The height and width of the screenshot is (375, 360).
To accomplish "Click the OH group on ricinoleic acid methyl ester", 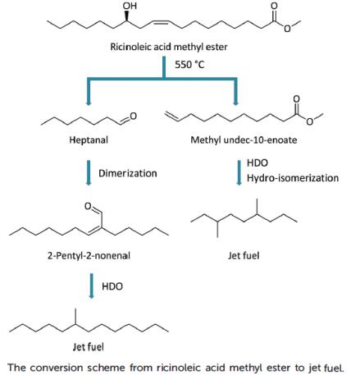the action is (x=130, y=6).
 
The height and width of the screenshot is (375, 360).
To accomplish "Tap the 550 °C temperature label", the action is (x=189, y=65).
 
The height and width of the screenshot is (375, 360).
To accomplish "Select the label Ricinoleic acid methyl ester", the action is (x=169, y=47).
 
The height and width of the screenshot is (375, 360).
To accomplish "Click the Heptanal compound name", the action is (x=89, y=140).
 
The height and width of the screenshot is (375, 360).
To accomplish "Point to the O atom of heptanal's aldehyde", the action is (x=134, y=117).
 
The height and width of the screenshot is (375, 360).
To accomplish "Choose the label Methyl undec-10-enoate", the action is (x=244, y=140).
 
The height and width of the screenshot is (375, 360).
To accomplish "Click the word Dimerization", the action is (x=128, y=173).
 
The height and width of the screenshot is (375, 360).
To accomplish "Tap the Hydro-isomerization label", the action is (x=293, y=178).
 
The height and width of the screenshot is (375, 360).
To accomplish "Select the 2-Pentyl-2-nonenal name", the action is (x=89, y=256).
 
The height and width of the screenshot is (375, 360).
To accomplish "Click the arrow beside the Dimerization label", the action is (x=89, y=173).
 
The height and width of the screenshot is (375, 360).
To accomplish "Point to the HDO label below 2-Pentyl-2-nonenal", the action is (x=112, y=286).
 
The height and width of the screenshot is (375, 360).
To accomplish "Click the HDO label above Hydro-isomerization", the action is (x=257, y=162).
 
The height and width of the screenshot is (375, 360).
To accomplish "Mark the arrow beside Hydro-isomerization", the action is (x=239, y=173).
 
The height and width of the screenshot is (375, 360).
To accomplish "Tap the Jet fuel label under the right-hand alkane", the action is (x=244, y=256).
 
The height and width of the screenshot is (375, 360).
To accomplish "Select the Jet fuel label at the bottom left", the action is (x=88, y=347).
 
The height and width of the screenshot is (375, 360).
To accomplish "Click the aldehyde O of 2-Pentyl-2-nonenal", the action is (x=88, y=206).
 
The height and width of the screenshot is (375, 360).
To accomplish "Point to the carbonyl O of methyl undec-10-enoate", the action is (x=296, y=98).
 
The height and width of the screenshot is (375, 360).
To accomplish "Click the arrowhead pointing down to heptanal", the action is (x=88, y=103).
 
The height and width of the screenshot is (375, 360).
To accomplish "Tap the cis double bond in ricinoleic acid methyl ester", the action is (x=160, y=22).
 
